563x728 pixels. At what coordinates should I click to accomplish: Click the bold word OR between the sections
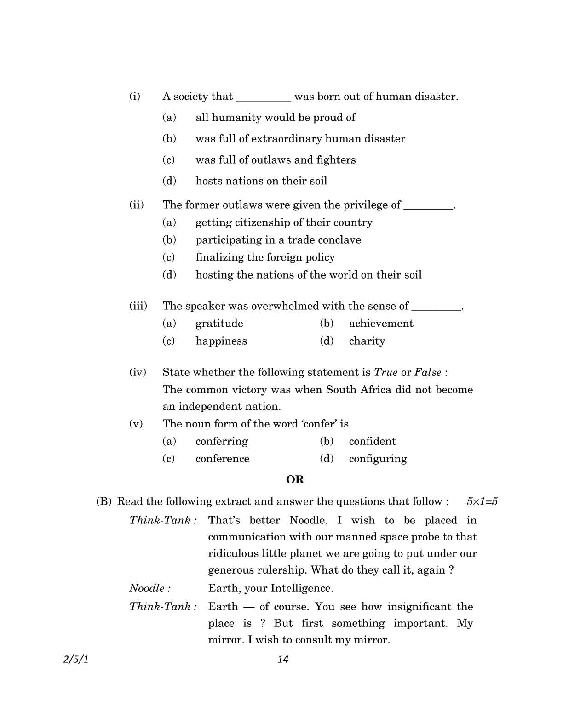coord(295,480)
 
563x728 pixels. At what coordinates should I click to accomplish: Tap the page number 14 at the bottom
coord(283,659)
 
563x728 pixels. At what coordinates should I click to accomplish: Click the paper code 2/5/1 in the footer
coord(75,659)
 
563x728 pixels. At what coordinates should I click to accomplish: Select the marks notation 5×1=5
coord(482,501)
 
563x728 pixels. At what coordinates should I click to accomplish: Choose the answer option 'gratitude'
coord(219,324)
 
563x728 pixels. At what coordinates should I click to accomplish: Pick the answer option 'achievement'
coord(381,324)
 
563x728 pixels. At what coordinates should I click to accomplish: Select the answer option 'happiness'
coord(221,341)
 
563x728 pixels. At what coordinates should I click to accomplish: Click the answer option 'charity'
coord(367,341)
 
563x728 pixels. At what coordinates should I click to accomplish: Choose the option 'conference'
coord(222,459)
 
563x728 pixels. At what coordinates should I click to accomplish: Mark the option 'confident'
coord(372,441)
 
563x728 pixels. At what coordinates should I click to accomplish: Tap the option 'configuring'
coord(378,459)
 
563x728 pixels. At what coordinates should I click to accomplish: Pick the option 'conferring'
coord(221,441)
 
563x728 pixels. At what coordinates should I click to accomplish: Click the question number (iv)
coord(138,372)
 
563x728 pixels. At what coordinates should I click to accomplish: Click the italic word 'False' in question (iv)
coord(427,372)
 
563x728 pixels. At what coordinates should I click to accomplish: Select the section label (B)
coord(103,501)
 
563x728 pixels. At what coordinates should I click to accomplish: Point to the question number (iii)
coord(138,306)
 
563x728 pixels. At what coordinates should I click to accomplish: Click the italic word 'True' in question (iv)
coord(385,372)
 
